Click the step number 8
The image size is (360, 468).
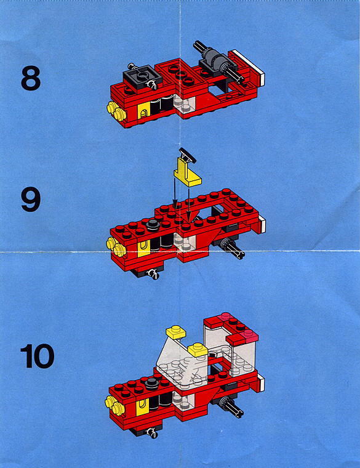pyautogui.click(x=31, y=78)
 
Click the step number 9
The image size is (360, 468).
pyautogui.click(x=31, y=200)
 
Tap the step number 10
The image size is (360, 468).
pyautogui.click(x=38, y=356)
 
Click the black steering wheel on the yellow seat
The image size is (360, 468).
pyautogui.click(x=187, y=155)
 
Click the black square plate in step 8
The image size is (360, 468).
pyautogui.click(x=143, y=76)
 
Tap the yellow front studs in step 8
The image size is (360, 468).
pyautogui.click(x=116, y=111)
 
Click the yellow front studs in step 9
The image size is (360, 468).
pyautogui.click(x=116, y=247)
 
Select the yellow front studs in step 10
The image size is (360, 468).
pyautogui.click(x=115, y=405)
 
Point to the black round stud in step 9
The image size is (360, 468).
pyautogui.click(x=153, y=224)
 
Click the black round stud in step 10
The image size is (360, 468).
pyautogui.click(x=152, y=383)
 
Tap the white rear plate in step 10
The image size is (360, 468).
pyautogui.click(x=262, y=383)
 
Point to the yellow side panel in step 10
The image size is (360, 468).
pyautogui.click(x=143, y=406)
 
